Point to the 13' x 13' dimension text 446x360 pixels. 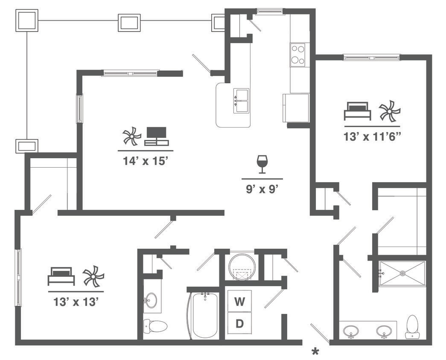[76, 302]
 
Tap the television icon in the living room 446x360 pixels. [157, 136]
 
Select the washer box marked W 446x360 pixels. [240, 302]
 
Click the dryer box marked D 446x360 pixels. [240, 324]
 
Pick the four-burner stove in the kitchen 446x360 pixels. [298, 55]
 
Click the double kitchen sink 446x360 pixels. [241, 101]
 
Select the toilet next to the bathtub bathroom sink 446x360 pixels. [154, 326]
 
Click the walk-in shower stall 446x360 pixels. [402, 273]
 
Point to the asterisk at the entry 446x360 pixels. [315, 351]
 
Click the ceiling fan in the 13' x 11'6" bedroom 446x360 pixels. [390, 111]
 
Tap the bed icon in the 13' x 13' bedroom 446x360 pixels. [61, 276]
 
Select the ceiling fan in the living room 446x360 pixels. [131, 136]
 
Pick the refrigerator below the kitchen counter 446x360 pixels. [295, 108]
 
